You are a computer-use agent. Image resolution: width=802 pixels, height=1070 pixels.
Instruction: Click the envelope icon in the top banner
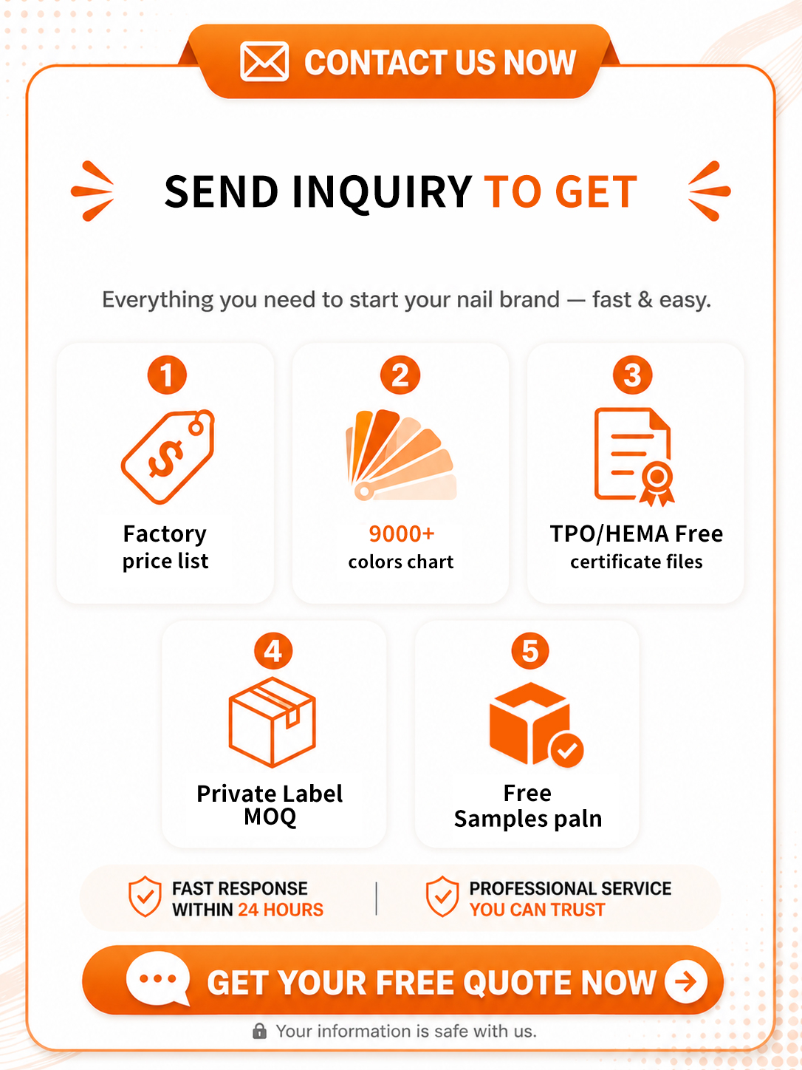pyautogui.click(x=264, y=61)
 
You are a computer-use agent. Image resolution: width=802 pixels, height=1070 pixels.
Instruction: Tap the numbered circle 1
pyautogui.click(x=167, y=375)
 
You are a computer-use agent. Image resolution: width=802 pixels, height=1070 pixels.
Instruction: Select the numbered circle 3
pyautogui.click(x=633, y=375)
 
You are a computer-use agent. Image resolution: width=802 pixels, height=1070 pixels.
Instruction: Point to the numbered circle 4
pyautogui.click(x=273, y=651)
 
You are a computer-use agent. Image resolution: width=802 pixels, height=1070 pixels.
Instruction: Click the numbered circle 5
pyautogui.click(x=530, y=651)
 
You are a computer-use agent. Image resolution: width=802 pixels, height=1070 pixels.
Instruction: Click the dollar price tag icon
pyautogui.click(x=168, y=456)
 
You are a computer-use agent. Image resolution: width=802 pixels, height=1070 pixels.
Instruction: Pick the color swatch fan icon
pyautogui.click(x=401, y=454)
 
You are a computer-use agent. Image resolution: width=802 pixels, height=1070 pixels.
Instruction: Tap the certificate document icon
pyautogui.click(x=634, y=457)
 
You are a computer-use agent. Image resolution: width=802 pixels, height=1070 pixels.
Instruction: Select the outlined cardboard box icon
pyautogui.click(x=273, y=722)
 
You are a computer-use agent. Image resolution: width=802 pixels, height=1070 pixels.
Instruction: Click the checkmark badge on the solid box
pyautogui.click(x=566, y=751)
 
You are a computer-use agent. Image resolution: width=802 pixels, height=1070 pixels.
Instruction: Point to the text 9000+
pyautogui.click(x=401, y=534)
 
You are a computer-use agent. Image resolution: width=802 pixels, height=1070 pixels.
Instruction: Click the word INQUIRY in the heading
pyautogui.click(x=381, y=192)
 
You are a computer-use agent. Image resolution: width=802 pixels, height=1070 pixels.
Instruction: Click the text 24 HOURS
pyautogui.click(x=281, y=910)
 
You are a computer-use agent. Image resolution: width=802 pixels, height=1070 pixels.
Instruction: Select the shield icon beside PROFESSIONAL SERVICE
pyautogui.click(x=442, y=896)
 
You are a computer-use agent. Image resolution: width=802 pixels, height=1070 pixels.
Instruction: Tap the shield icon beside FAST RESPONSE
pyautogui.click(x=145, y=896)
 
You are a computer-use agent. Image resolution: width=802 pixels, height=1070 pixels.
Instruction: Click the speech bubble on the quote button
pyautogui.click(x=158, y=978)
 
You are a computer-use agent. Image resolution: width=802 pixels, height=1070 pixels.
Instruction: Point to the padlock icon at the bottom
pyautogui.click(x=259, y=1031)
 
